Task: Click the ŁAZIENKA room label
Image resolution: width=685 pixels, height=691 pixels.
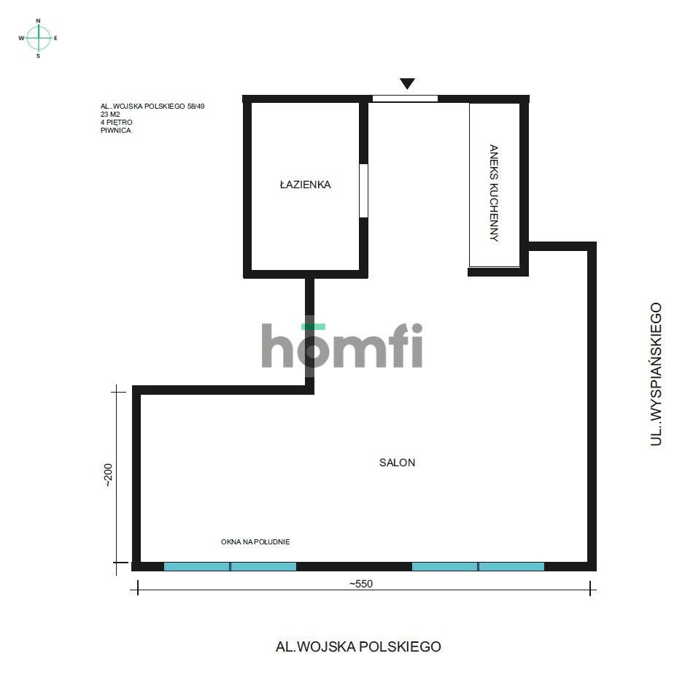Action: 305,185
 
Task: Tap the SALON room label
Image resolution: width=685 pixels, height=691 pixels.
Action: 397,463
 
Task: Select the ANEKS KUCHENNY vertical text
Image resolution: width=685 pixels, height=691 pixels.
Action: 494,193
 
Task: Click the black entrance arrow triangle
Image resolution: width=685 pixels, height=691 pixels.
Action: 407,84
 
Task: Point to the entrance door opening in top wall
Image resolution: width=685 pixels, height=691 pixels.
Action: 405,99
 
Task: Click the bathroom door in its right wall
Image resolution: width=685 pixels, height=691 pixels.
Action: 363,190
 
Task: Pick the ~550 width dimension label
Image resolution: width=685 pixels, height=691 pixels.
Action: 365,584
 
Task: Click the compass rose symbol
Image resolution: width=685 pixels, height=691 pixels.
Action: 39,37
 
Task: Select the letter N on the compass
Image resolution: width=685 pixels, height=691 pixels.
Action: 39,21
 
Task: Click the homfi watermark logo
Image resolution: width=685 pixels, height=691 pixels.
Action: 341,346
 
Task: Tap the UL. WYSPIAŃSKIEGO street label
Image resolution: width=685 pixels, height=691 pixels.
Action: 657,374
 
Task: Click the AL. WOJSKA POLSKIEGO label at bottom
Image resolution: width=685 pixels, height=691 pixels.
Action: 358,646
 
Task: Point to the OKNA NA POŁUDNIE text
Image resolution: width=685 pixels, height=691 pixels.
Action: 255,542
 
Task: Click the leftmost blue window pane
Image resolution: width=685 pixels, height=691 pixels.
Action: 197,566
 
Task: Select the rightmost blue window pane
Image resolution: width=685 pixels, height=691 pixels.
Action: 511,566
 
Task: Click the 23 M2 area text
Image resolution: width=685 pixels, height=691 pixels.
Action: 111,115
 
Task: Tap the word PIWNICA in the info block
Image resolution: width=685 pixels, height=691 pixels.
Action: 116,131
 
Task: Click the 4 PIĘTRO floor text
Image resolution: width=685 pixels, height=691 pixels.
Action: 117,123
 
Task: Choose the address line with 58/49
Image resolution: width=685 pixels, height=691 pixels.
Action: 152,107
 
